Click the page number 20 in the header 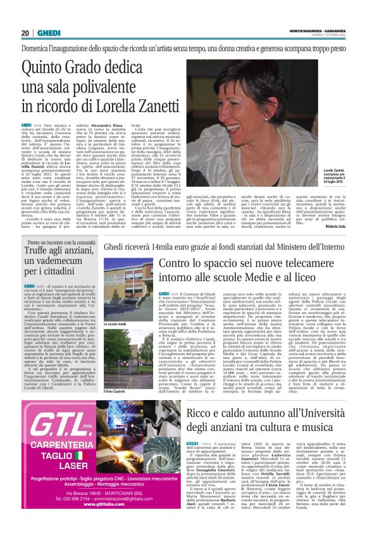25,33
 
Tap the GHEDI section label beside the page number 46,33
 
